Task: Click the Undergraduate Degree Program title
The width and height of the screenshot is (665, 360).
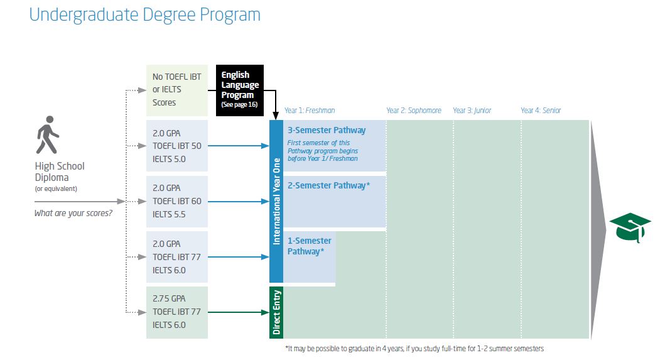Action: (x=144, y=15)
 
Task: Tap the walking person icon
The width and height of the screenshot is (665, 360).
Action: (x=48, y=134)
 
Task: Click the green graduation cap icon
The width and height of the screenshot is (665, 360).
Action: (x=630, y=227)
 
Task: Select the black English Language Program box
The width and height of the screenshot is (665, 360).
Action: (x=240, y=90)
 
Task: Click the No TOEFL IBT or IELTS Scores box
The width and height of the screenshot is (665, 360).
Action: (x=177, y=90)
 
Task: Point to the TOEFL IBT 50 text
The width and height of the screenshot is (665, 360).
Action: (x=177, y=146)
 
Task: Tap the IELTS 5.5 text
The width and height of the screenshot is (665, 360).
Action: (x=169, y=214)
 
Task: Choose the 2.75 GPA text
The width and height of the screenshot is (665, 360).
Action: (x=169, y=298)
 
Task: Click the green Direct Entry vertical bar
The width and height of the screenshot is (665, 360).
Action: (x=276, y=312)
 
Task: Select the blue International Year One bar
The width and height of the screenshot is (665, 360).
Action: (x=276, y=201)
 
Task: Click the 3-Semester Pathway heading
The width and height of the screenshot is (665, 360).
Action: (x=327, y=130)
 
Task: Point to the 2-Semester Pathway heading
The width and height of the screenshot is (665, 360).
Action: (x=328, y=185)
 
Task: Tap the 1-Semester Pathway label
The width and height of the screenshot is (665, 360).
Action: (x=309, y=246)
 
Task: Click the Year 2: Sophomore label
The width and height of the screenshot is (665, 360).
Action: (x=413, y=111)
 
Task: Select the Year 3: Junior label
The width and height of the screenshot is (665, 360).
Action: (x=472, y=111)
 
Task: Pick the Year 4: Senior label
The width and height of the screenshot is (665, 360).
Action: (x=541, y=111)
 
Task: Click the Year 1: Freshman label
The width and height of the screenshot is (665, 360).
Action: (x=310, y=111)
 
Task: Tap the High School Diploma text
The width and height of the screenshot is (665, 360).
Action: (x=60, y=172)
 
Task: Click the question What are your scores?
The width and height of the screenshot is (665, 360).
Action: (x=73, y=213)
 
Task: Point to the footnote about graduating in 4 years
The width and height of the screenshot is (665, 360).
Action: (x=414, y=349)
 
